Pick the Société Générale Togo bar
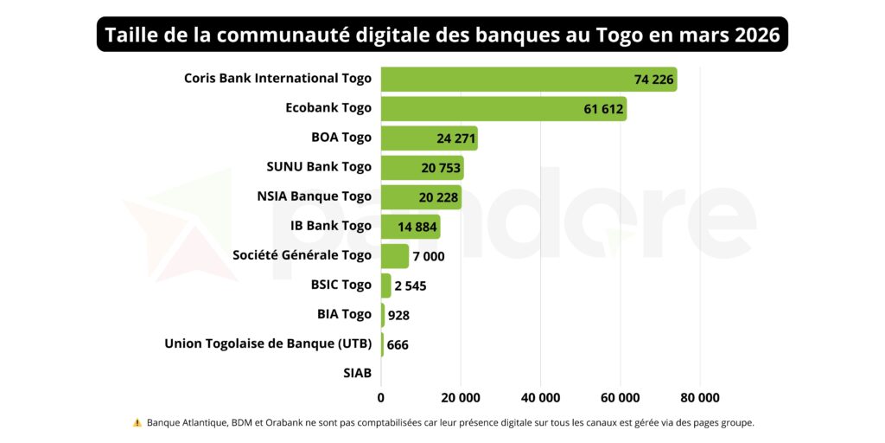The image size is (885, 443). coord(394,255)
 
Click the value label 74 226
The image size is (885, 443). coord(653,80)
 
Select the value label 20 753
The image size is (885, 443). coord(440,168)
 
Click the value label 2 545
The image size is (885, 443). coord(411,286)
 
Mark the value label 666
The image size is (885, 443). coord(398,344)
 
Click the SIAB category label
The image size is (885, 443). coord(357,373)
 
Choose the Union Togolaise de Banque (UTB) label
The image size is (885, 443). coord(268,343)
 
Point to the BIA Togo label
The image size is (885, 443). coord(344,314)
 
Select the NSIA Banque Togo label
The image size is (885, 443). coord(314,196)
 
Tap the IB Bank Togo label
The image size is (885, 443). coord(331,226)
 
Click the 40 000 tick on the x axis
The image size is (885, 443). coord(540,398)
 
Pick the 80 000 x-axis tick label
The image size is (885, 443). coord(699,398)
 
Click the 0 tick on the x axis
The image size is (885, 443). coord(381,398)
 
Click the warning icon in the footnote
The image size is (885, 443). coord(137,423)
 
